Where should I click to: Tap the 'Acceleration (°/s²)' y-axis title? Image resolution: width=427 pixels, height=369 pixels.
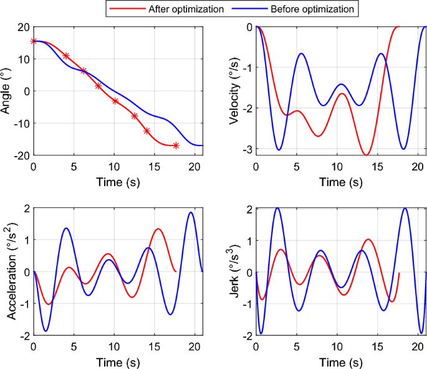pos(11,272)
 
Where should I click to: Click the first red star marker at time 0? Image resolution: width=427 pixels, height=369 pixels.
pos(34,41)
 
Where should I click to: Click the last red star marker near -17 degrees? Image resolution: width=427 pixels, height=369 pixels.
pos(176,145)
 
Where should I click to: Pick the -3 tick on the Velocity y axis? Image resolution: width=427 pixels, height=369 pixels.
pos(247,149)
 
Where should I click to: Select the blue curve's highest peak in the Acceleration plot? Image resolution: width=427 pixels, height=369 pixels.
pos(191,212)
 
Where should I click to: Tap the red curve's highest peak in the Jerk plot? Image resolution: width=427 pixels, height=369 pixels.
pos(368,239)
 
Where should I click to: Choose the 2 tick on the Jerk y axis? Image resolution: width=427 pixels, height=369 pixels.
pos(249,209)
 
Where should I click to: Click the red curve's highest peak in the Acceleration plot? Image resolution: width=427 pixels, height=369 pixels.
pos(158,229)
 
